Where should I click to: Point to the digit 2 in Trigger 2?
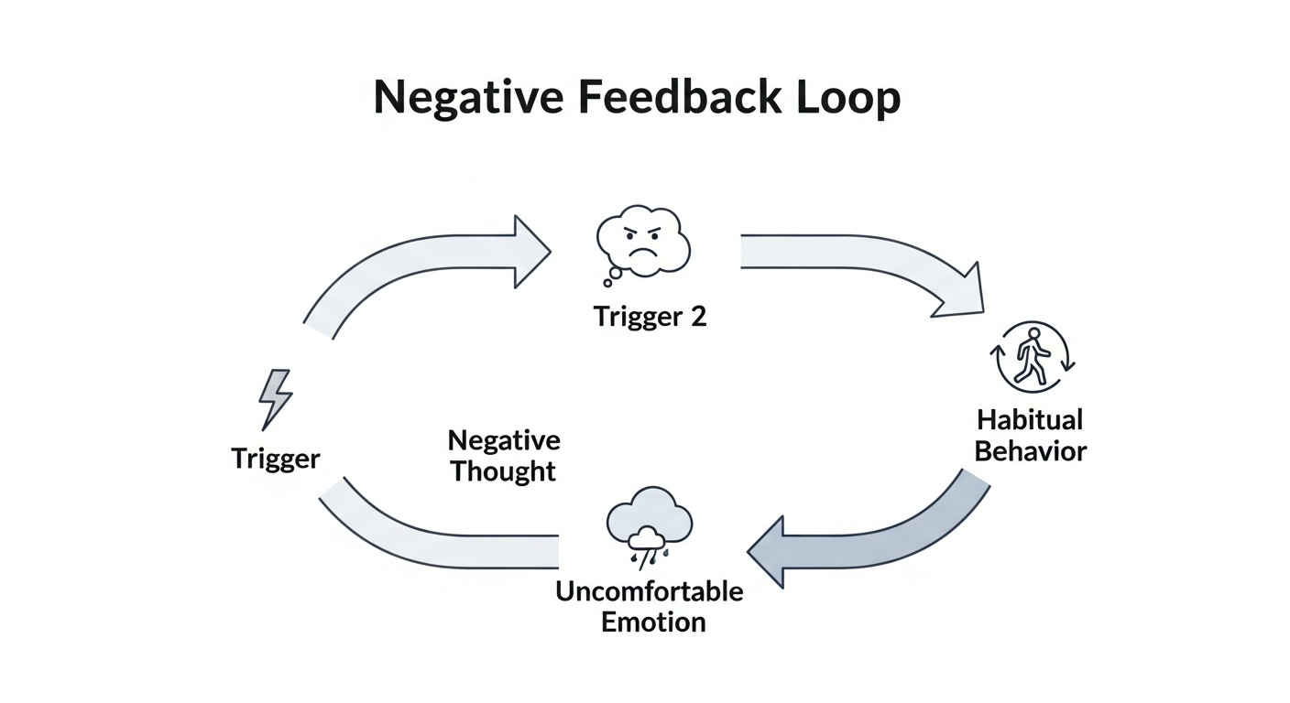click(697, 317)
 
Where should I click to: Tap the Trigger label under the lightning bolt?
click(276, 458)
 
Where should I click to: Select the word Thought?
click(503, 472)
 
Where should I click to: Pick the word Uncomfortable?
click(649, 590)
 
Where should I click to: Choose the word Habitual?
click(1030, 420)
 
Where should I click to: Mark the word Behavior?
click(1030, 451)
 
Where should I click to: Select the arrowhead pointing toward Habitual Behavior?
click(960, 291)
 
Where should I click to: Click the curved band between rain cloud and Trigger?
click(431, 540)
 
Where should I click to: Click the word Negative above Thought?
click(504, 440)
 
